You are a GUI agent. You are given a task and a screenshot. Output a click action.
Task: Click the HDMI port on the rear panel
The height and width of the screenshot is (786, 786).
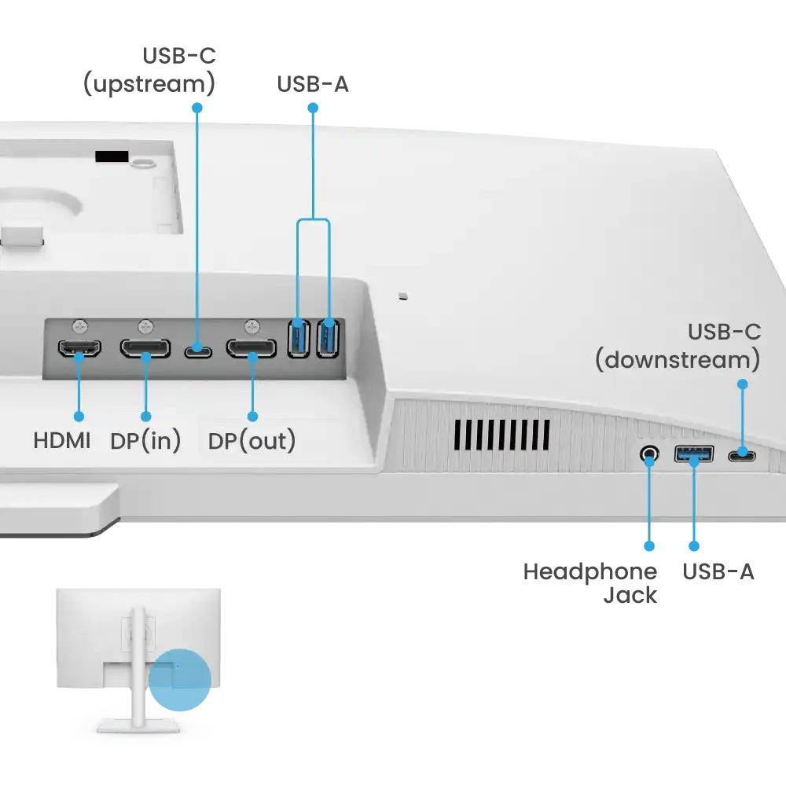coord(79,348)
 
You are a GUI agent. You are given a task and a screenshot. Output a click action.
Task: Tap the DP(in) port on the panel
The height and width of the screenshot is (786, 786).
coord(145,348)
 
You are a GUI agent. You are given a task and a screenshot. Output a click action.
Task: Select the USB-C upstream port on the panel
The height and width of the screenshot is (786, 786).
coord(198,351)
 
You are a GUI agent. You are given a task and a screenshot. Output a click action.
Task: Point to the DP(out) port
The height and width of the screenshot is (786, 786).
coord(252,348)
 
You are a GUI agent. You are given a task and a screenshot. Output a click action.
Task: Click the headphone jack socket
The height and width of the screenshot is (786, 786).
coord(649,454)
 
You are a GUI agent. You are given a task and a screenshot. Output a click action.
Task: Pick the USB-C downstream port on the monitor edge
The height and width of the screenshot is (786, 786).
coord(742,456)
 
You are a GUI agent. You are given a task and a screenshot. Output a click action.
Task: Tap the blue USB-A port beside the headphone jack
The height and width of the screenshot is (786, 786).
coord(694,454)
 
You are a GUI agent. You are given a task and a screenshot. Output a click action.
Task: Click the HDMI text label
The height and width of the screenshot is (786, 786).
coord(62,441)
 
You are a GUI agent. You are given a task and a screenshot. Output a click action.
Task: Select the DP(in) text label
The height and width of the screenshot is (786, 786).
coord(145,441)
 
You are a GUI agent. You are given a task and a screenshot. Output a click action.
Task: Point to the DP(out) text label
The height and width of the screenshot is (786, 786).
coord(252,441)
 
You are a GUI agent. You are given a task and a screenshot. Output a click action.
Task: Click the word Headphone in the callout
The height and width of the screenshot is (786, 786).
coord(590,572)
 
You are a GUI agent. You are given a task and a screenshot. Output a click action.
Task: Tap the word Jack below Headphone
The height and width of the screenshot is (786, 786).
coord(630,596)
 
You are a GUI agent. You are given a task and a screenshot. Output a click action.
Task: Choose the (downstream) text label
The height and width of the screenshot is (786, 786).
coord(678,360)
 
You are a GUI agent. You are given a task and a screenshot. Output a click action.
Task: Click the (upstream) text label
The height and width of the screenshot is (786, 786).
coord(149,84)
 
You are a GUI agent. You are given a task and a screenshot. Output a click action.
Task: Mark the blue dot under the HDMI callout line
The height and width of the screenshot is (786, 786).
coord(79,417)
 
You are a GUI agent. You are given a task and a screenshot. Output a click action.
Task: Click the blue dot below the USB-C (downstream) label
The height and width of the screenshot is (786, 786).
coord(743,384)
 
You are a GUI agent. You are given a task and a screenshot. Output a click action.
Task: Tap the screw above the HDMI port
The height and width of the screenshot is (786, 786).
coord(79,327)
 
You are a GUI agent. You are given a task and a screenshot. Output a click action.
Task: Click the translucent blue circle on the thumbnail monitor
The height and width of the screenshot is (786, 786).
coord(179,680)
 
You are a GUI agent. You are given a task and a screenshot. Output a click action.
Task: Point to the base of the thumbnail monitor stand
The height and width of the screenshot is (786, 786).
coord(138,725)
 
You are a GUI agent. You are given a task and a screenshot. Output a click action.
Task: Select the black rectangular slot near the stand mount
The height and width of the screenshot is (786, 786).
coord(112,156)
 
